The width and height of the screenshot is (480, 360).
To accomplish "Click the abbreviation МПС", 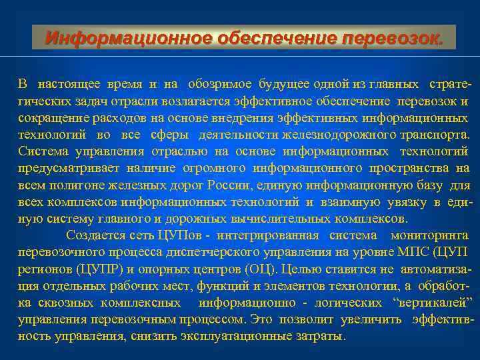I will pos(415,252).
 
